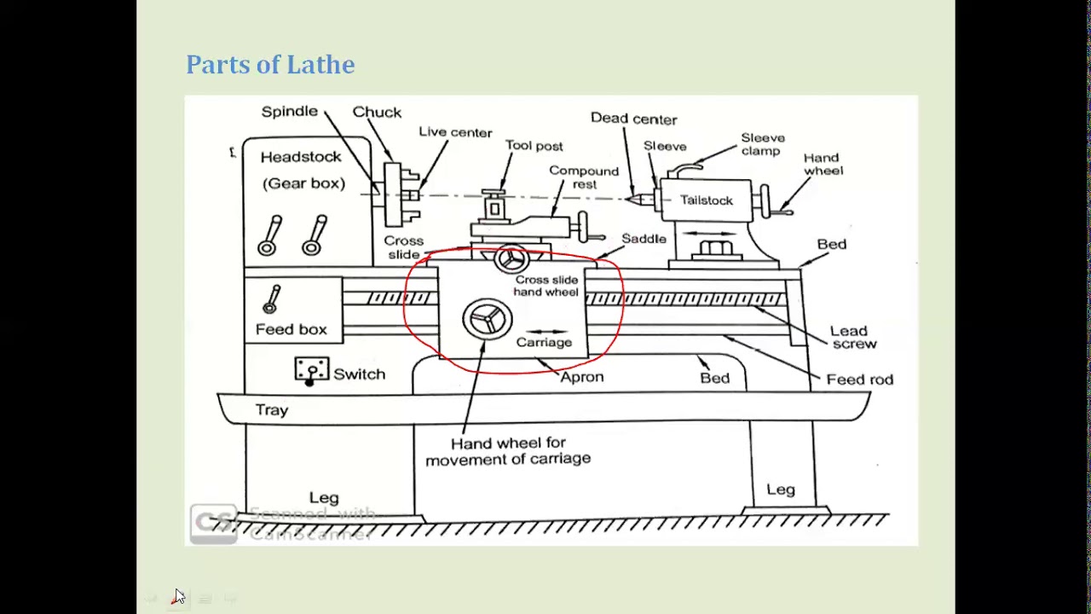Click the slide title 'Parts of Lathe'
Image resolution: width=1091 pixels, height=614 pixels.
coord(270,65)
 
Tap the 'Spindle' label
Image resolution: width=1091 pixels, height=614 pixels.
coord(289,112)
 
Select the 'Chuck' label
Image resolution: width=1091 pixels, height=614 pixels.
coord(377,113)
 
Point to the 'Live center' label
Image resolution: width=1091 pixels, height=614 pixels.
coord(455,132)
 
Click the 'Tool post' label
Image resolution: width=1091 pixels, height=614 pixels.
coord(534,146)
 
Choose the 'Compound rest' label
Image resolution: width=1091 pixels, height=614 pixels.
coord(584,177)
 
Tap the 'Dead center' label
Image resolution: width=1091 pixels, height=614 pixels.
coord(633,119)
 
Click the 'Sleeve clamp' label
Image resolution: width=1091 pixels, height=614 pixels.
coord(762,144)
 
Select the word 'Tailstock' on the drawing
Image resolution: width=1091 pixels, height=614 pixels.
coord(706,200)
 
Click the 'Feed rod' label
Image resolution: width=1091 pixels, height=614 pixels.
coord(859,379)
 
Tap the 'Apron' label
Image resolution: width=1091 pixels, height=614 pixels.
coord(581,377)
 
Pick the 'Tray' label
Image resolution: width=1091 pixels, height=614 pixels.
coord(272,410)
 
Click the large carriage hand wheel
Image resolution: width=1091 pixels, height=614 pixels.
coord(487,318)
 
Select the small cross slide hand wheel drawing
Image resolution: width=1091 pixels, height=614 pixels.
coord(511,259)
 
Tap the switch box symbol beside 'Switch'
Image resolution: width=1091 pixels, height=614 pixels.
coord(311,370)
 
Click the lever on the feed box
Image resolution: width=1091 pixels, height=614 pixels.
coord(272,299)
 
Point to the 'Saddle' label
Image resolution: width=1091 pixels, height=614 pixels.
coord(644,239)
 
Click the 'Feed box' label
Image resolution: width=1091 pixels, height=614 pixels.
coord(291,329)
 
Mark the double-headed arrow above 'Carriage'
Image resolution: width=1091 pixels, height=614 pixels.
coord(545,332)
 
